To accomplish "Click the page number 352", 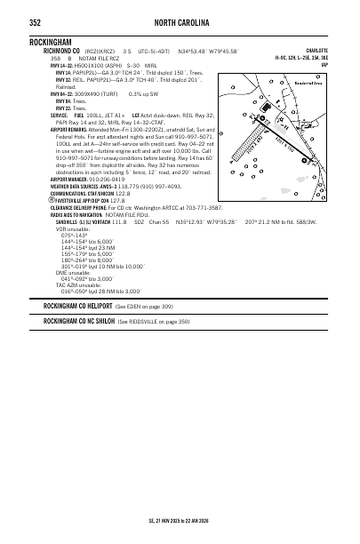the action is point(35,22).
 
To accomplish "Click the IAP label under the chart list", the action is point(324,65).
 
